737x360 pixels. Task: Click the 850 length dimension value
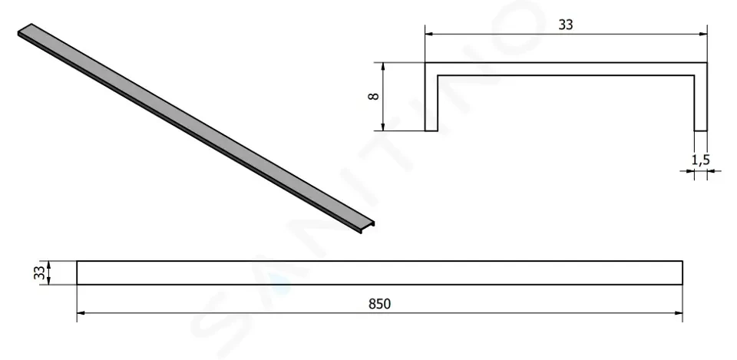(x=379, y=304)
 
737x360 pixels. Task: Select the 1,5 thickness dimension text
(x=700, y=160)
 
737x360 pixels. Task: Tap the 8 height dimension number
(x=374, y=97)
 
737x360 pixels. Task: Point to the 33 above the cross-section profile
(x=566, y=25)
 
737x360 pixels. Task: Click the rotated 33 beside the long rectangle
(x=40, y=272)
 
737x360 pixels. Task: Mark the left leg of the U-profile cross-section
(x=431, y=97)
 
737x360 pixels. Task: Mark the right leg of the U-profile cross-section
(x=701, y=97)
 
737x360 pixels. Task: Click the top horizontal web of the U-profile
(x=567, y=69)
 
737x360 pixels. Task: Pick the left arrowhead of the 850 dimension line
(x=81, y=313)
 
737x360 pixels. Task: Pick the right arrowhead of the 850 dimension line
(x=678, y=313)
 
